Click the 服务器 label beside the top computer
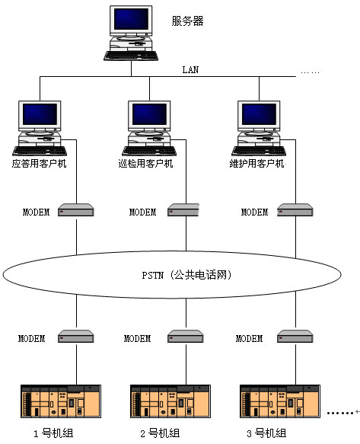187,21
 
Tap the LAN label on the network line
190,69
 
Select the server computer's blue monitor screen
131,19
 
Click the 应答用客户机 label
39,164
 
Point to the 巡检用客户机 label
145,164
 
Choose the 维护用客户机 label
256,164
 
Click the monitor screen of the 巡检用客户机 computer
149,114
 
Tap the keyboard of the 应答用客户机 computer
40,151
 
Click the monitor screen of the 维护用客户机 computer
259,114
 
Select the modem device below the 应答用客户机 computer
76,210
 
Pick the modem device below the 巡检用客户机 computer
183,210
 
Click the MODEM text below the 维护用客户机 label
254,212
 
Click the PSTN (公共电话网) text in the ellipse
186,275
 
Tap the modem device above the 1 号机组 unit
76,337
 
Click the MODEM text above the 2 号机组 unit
137,338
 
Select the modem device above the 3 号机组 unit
295,337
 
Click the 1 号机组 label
53,433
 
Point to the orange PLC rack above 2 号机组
170,401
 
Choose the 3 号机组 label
266,433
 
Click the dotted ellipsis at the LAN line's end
311,72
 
